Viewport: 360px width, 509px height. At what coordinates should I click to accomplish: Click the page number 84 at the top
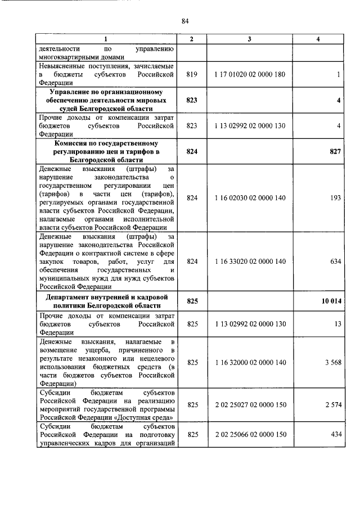pyautogui.click(x=184, y=21)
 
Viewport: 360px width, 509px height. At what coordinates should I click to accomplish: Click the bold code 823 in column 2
pyautogui.click(x=192, y=100)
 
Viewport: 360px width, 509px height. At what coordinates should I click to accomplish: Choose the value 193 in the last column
pyautogui.click(x=336, y=198)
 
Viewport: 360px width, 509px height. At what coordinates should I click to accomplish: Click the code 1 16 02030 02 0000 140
pyautogui.click(x=250, y=198)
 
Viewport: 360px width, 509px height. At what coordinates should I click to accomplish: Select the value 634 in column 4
pyautogui.click(x=336, y=261)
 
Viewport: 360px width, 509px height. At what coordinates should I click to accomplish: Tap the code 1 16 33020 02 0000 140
pyautogui.click(x=250, y=261)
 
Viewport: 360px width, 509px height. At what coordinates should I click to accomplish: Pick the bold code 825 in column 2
pyautogui.click(x=192, y=301)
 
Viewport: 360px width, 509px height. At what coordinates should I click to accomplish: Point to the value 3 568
pyautogui.click(x=332, y=363)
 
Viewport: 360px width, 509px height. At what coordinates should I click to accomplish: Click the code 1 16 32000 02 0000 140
pyautogui.click(x=250, y=363)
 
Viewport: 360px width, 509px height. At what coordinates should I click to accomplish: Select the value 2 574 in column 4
pyautogui.click(x=332, y=405)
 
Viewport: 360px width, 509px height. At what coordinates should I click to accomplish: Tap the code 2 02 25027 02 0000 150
pyautogui.click(x=250, y=405)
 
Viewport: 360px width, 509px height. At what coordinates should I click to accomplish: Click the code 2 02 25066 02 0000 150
pyautogui.click(x=250, y=435)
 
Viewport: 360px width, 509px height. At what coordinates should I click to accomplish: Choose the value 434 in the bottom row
pyautogui.click(x=336, y=435)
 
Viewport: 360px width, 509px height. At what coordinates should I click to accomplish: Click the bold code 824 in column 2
pyautogui.click(x=192, y=152)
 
